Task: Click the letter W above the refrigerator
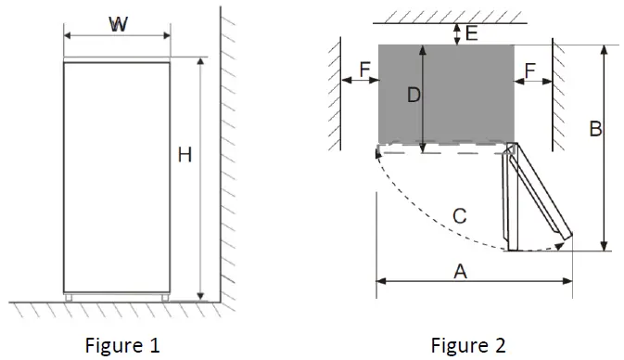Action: pyautogui.click(x=118, y=24)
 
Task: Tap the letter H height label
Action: pyautogui.click(x=185, y=155)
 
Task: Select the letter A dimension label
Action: pyautogui.click(x=461, y=272)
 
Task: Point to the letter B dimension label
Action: pyautogui.click(x=595, y=129)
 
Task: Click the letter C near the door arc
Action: pyautogui.click(x=460, y=216)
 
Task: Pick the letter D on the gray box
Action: pyautogui.click(x=414, y=96)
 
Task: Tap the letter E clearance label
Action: pyautogui.click(x=472, y=33)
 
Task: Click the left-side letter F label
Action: pyautogui.click(x=365, y=70)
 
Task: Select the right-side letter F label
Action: pyautogui.click(x=529, y=71)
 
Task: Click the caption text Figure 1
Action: pyautogui.click(x=122, y=345)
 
